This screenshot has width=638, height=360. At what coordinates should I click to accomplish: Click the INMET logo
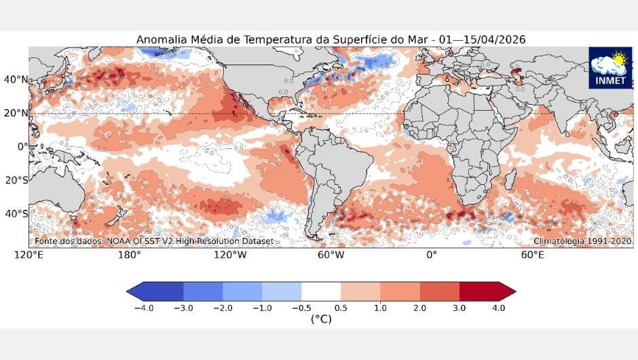point(610,68)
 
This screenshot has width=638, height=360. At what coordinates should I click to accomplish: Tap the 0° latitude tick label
point(21,146)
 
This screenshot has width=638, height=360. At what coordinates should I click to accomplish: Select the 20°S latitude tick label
point(16,180)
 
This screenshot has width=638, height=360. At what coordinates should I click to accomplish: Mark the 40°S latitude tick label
point(16,213)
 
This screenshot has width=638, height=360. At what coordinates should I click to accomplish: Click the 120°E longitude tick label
point(30,255)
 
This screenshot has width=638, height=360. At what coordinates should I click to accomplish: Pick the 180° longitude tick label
point(130,255)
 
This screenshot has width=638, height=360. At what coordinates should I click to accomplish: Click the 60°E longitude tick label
point(531,255)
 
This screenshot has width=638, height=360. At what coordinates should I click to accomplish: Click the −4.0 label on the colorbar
point(143,308)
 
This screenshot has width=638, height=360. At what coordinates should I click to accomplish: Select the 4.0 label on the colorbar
point(498,308)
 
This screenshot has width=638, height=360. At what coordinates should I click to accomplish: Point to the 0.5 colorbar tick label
point(341,308)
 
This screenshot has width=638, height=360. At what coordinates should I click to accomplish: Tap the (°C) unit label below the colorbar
point(320,319)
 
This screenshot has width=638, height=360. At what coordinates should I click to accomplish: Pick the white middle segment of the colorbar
point(320,291)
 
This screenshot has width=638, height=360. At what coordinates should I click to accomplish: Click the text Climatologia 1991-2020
point(582,241)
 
